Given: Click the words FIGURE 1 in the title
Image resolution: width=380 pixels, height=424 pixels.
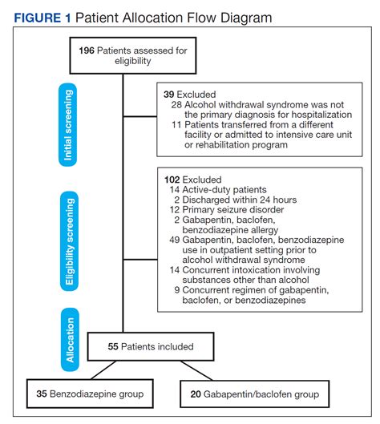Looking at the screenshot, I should (40, 17).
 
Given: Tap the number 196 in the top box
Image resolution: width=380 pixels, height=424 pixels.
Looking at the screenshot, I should (88, 50).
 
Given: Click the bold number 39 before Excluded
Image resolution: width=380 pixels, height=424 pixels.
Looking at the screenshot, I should (168, 94).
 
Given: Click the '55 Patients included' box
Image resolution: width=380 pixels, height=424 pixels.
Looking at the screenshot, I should (151, 347).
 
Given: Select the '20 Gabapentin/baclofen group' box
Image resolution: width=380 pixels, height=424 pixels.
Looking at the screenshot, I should (256, 394).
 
